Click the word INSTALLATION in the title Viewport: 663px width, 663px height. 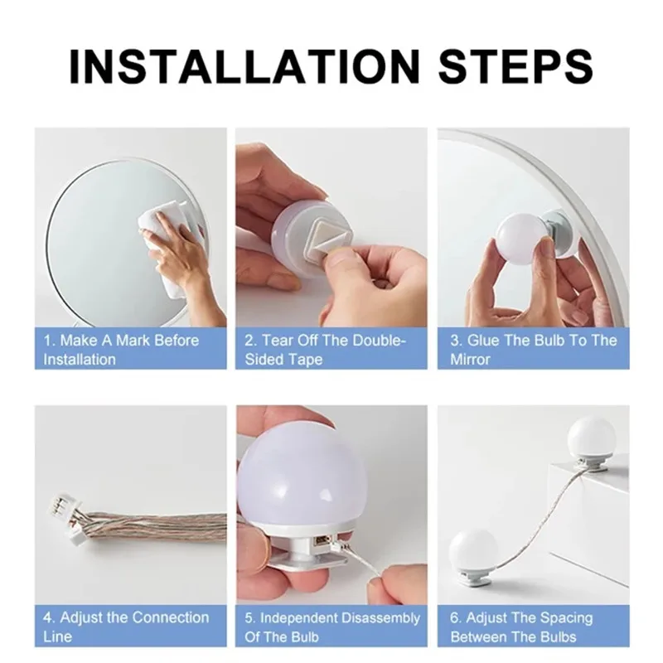244,67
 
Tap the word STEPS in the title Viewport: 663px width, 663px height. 515,67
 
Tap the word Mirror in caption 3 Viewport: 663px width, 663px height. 470,360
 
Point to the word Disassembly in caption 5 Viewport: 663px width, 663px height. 380,618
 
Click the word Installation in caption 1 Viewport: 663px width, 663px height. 80,360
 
